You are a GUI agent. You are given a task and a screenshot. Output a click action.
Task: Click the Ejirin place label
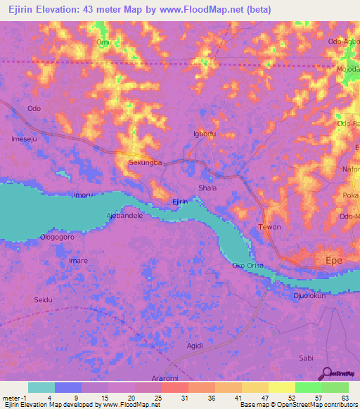(180, 202)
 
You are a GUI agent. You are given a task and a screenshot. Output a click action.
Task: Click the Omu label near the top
(103, 42)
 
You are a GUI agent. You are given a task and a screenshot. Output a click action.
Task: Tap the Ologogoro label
(58, 238)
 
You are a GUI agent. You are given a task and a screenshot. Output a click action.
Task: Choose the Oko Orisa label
(248, 265)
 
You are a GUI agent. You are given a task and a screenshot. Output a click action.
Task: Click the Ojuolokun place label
(309, 296)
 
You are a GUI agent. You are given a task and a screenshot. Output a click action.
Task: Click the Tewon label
(270, 227)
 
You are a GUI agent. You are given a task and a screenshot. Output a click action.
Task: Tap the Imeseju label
(25, 139)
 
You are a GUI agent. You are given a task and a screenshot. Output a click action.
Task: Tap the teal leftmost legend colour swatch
(41, 387)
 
